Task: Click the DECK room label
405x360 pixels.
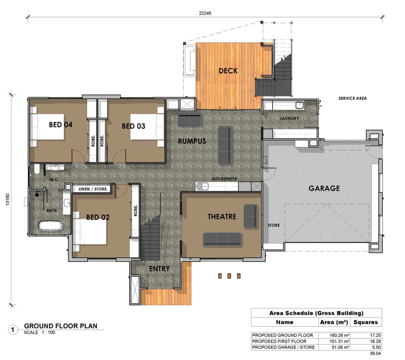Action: click(x=228, y=71)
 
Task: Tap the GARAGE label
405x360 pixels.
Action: click(x=324, y=188)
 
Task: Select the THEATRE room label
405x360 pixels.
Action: click(x=222, y=216)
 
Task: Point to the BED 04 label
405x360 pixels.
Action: click(x=61, y=124)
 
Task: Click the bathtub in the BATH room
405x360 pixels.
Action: click(x=51, y=226)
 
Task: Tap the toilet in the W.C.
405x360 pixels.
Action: click(x=37, y=169)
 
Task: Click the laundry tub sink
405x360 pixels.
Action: click(x=299, y=105)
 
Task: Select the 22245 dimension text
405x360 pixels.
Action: click(x=205, y=13)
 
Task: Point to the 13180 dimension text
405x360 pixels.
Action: click(x=8, y=200)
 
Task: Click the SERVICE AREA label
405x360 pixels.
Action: click(x=353, y=98)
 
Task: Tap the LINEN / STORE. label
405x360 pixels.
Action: click(x=93, y=189)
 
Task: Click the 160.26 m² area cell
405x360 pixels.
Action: click(x=339, y=335)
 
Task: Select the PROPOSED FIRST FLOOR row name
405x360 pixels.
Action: click(x=279, y=341)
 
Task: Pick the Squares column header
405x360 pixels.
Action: click(x=366, y=322)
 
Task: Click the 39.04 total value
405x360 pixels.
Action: click(x=375, y=353)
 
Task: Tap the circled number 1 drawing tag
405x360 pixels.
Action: click(x=13, y=330)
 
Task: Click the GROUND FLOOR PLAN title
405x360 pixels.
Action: click(x=61, y=326)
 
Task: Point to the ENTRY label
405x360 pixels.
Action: click(x=160, y=269)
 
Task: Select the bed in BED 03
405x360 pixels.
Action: click(x=147, y=127)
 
